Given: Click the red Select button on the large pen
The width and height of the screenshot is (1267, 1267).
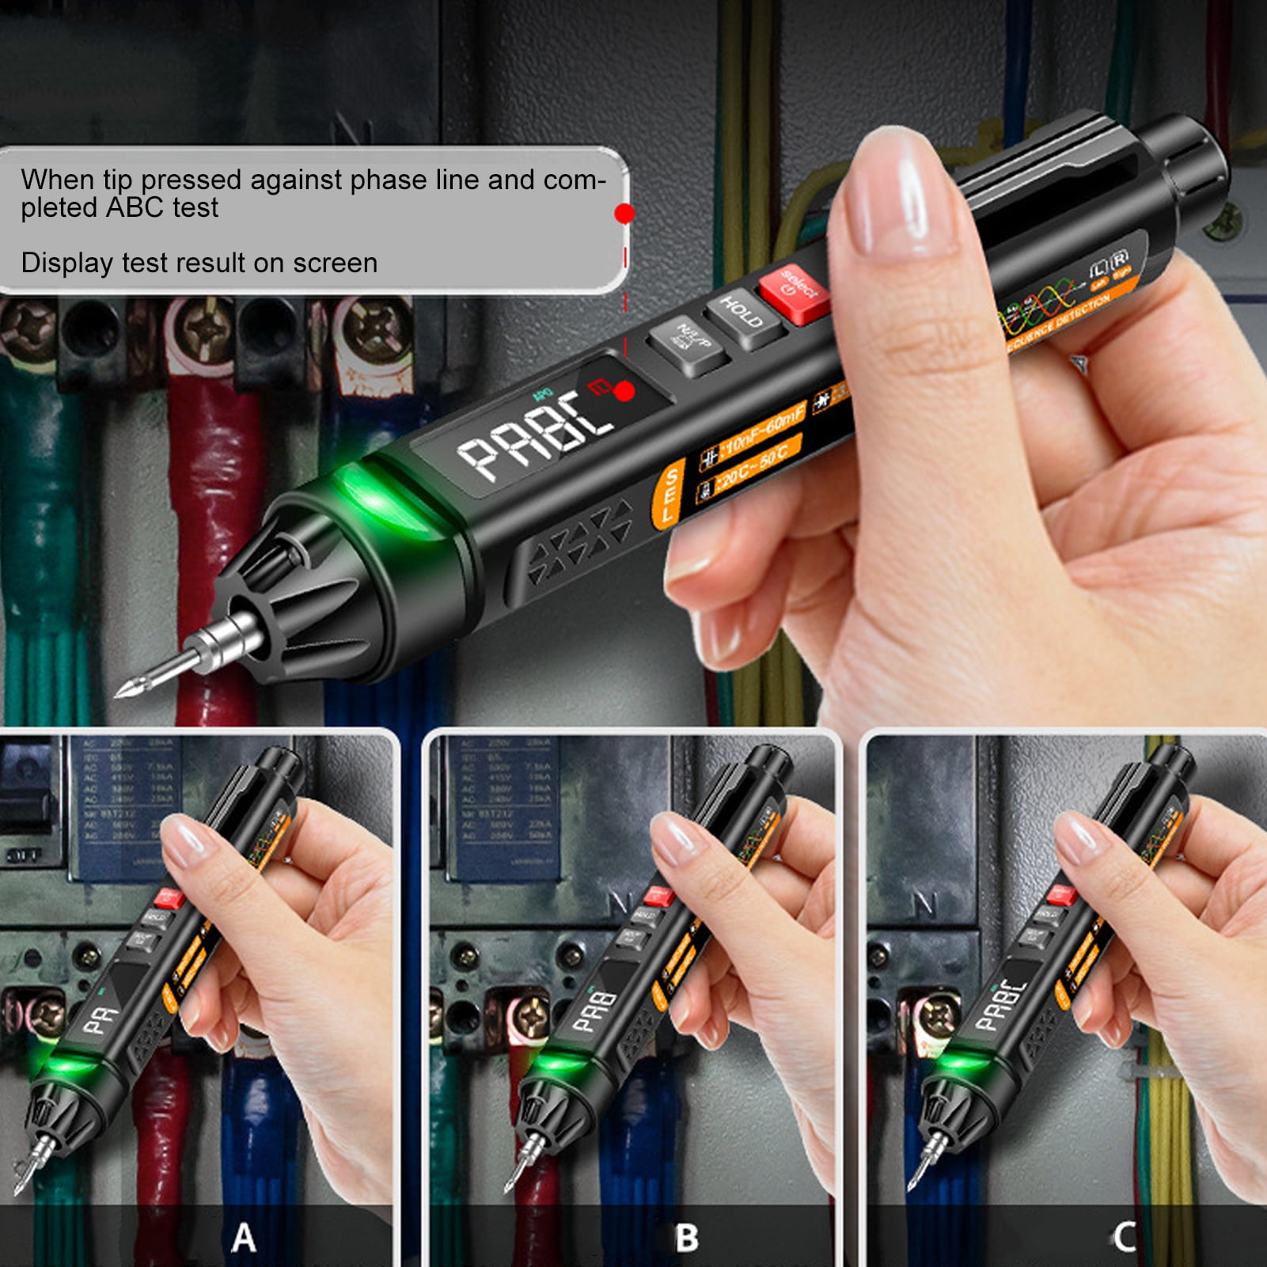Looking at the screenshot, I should pyautogui.click(x=794, y=294).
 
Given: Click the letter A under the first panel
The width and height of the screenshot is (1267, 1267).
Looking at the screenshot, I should pyautogui.click(x=244, y=1237).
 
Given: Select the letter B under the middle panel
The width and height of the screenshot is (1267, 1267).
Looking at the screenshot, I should pyautogui.click(x=686, y=1238).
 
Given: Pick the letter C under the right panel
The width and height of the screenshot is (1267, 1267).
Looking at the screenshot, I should pyautogui.click(x=1125, y=1236).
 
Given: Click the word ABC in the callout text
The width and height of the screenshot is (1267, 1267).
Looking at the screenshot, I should pyautogui.click(x=139, y=207).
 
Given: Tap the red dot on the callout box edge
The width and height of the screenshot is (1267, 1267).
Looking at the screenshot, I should pyautogui.click(x=624, y=214).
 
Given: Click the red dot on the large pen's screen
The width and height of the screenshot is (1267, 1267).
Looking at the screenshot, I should pyautogui.click(x=624, y=391).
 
